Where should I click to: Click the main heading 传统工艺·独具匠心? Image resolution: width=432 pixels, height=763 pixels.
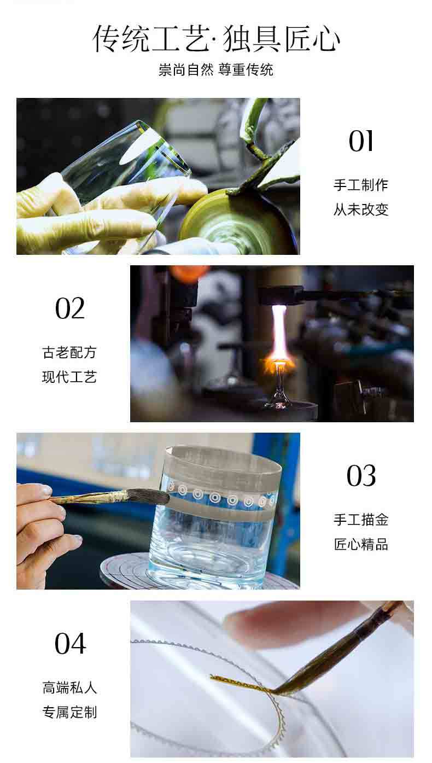point(216,38)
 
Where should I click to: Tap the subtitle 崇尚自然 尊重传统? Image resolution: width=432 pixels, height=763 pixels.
point(216,70)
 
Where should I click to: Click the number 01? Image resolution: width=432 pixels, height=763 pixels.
point(361,141)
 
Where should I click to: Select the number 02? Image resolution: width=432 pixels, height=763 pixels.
point(70,308)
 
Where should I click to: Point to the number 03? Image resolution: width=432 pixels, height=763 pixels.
point(361,475)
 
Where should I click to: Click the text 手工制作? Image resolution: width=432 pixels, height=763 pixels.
point(361,185)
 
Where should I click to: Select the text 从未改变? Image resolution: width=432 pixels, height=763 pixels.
point(361,209)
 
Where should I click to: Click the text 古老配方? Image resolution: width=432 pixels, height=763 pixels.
point(69,352)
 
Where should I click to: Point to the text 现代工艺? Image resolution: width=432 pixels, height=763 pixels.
point(69,377)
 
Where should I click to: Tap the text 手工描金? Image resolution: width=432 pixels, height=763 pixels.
point(361,520)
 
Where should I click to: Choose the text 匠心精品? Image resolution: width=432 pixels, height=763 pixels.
point(361,544)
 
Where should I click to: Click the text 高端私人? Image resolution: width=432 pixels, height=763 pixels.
point(69,688)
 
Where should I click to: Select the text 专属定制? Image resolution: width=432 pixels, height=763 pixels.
point(69,712)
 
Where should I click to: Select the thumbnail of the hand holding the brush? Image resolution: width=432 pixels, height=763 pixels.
point(158,511)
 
